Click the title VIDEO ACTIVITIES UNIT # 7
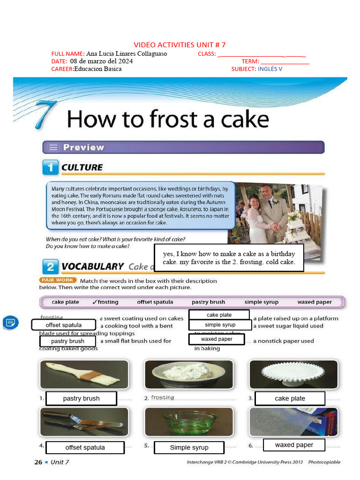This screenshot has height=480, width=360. [180, 45]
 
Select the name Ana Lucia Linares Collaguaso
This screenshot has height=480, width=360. [127, 53]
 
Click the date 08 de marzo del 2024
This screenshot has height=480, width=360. [101, 61]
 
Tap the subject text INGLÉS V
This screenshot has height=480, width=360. [270, 69]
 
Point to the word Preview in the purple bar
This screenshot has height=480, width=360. [83, 147]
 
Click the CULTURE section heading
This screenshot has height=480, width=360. [82, 167]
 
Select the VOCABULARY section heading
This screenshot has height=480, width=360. [92, 266]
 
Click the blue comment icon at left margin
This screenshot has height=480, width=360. [10, 322]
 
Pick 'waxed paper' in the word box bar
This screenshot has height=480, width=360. [315, 302]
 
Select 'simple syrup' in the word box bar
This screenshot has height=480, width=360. [261, 302]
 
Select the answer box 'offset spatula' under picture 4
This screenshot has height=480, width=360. [85, 448]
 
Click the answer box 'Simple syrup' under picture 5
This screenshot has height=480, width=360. [189, 448]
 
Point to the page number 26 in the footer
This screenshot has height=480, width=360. [38, 462]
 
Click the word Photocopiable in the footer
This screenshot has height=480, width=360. [324, 462]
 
